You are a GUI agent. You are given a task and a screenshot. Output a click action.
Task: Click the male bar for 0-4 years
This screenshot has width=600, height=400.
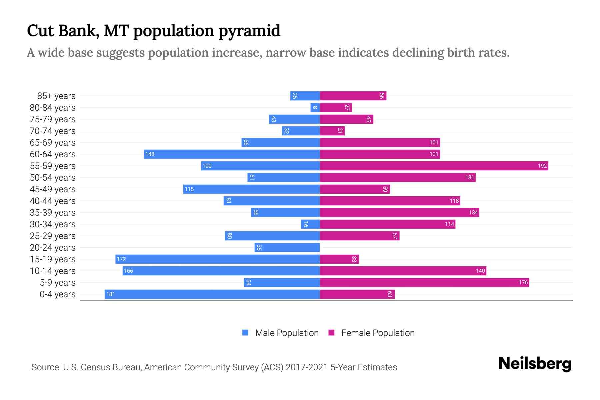coord(212,294)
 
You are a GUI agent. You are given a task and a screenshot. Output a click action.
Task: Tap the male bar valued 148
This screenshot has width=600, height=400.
coord(232,154)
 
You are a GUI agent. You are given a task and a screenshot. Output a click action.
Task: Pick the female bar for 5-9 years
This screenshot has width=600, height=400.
coord(424,282)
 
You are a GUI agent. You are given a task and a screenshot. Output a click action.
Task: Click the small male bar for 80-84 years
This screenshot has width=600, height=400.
coord(315,107)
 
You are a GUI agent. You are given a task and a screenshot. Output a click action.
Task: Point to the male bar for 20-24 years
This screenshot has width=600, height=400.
coord(287,247)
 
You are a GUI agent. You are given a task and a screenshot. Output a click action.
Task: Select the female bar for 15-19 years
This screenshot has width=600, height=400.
coord(339,259)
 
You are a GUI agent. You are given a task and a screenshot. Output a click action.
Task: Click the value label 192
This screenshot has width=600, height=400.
coord(542,166)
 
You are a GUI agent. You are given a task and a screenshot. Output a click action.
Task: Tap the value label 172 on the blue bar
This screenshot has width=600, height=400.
coord(121,259)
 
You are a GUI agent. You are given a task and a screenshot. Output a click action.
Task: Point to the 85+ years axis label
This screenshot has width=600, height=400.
coord(56,96)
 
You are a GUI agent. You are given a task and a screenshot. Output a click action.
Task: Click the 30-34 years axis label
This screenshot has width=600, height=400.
coord(53,224)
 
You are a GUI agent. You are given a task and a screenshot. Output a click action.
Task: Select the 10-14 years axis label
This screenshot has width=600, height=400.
coord(53,271)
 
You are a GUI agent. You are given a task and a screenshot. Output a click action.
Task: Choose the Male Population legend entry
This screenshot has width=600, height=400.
coord(286,333)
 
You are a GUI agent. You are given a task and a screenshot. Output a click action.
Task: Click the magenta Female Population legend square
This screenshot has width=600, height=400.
coord(331,333)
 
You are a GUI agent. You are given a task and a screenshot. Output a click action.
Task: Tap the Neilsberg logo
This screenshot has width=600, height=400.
coord(534,364)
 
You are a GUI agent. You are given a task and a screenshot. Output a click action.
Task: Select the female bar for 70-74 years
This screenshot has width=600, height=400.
coord(332,131)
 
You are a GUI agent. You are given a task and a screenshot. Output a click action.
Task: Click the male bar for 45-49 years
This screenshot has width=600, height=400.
coord(251,189)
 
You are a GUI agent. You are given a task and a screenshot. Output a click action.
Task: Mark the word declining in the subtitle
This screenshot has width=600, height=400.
coord(418,53)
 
